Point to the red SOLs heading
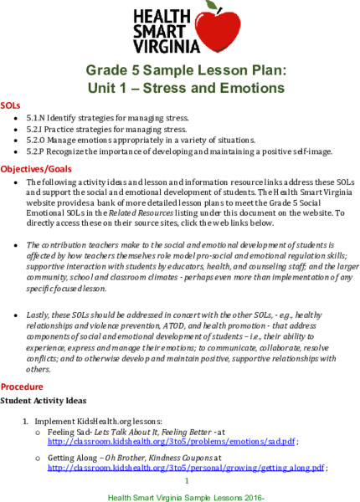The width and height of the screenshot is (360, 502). pyautogui.click(x=11, y=107)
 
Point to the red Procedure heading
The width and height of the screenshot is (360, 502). pyautogui.click(x=22, y=387)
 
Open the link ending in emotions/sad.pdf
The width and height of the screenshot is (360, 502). pyautogui.click(x=171, y=441)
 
